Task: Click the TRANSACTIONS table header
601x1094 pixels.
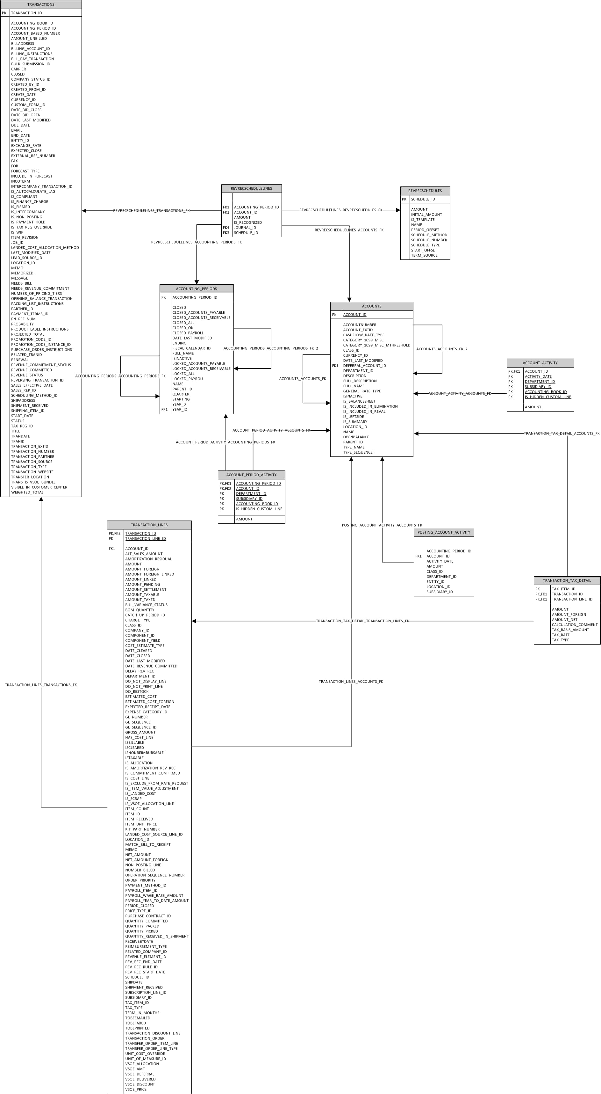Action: pyautogui.click(x=41, y=4)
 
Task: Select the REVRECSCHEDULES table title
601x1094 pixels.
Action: pyautogui.click(x=425, y=191)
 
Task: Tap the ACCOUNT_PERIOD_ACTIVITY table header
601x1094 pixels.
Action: pyautogui.click(x=251, y=475)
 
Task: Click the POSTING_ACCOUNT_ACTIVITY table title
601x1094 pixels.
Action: pyautogui.click(x=444, y=532)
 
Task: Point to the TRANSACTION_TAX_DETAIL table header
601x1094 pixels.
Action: pyautogui.click(x=567, y=580)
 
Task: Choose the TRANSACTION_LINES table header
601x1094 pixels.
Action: pyautogui.click(x=149, y=525)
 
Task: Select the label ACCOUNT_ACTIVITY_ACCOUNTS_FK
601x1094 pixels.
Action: pyautogui.click(x=459, y=394)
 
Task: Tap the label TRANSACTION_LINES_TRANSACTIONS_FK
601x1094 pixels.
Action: pyautogui.click(x=41, y=685)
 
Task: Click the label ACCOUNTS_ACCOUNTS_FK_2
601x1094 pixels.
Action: pyautogui.click(x=441, y=349)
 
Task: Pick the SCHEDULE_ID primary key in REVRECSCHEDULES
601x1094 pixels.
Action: pyautogui.click(x=423, y=199)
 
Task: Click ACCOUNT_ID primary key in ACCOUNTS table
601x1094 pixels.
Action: pyautogui.click(x=354, y=315)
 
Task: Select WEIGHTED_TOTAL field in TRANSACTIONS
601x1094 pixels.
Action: pyautogui.click(x=27, y=492)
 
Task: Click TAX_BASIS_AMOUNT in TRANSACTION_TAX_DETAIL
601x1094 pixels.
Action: pyautogui.click(x=570, y=630)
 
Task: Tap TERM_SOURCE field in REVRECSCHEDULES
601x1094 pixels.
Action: pyautogui.click(x=424, y=255)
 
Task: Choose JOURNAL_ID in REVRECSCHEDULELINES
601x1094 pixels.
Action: pyautogui.click(x=245, y=228)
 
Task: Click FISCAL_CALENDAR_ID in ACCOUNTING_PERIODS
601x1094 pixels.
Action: pyautogui.click(x=191, y=348)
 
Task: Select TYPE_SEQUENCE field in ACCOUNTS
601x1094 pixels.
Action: pyautogui.click(x=357, y=452)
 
